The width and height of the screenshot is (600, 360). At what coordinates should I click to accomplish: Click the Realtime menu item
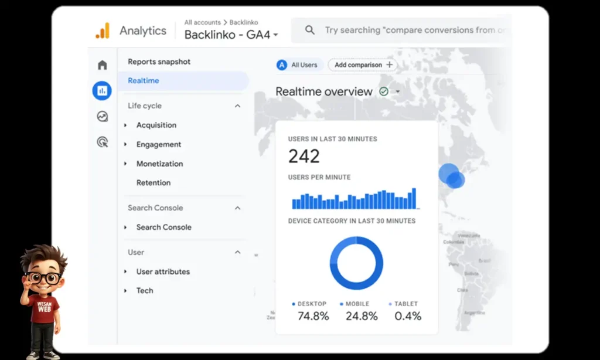(x=144, y=81)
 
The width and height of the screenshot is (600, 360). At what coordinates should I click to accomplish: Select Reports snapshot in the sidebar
(x=159, y=62)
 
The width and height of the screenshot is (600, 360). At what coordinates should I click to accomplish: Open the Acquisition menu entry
(x=156, y=125)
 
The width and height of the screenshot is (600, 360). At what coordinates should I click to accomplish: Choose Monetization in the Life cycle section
(x=159, y=164)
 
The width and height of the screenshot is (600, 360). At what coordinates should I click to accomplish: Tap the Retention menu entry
(x=154, y=183)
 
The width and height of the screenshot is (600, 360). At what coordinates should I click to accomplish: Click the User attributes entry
(x=163, y=271)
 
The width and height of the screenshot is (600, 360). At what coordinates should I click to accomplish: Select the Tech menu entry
(x=145, y=290)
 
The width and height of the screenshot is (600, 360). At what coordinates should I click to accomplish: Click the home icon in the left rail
(x=103, y=65)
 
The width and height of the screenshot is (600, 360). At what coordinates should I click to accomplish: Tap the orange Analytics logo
(x=103, y=30)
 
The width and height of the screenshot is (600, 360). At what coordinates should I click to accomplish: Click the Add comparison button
(x=363, y=65)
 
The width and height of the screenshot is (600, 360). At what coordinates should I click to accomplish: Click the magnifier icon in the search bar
(x=310, y=30)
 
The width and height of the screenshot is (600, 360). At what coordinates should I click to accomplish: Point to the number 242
(x=304, y=157)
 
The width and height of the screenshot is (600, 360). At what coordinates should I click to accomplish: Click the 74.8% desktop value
(x=313, y=316)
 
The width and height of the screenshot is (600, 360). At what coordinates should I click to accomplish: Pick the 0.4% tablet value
(x=407, y=316)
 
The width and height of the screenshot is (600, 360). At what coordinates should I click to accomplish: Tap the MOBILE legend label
(x=357, y=304)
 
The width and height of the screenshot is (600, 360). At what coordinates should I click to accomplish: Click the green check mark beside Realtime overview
(x=384, y=91)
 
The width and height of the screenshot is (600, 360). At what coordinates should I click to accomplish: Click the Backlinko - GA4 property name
(x=227, y=35)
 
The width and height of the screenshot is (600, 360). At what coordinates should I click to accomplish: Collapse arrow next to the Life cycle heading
(x=237, y=106)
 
